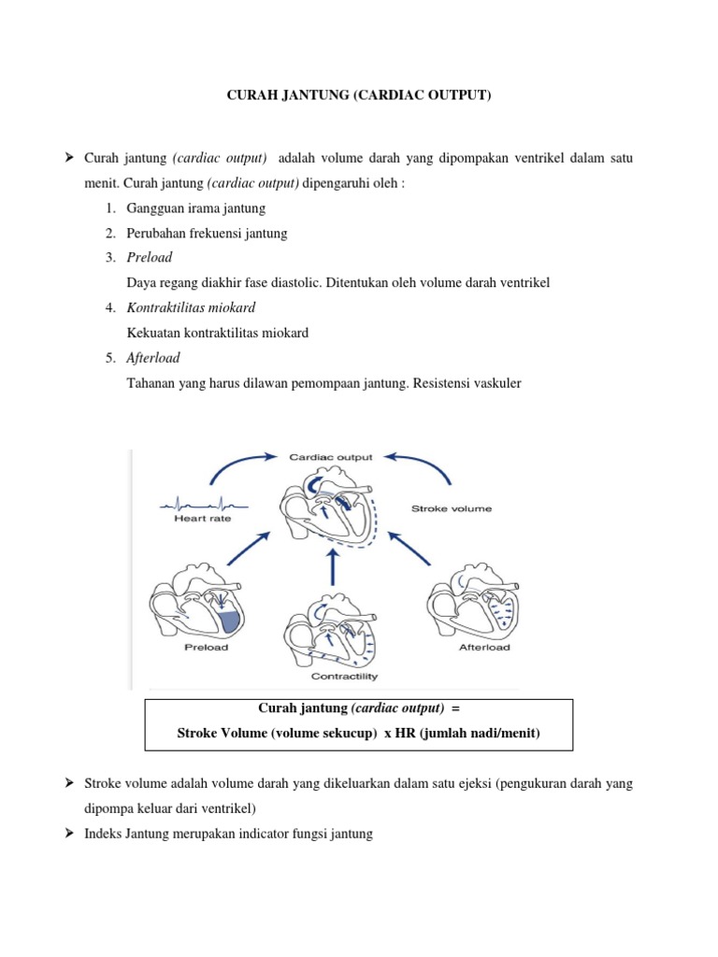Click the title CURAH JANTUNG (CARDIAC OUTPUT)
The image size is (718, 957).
[x=359, y=95]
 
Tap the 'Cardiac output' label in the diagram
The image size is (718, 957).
[x=330, y=457]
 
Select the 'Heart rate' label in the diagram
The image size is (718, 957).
[x=202, y=517]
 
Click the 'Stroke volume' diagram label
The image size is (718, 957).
[x=452, y=508]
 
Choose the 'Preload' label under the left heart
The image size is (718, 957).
[x=206, y=647]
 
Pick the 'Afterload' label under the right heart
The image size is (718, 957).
[x=484, y=647]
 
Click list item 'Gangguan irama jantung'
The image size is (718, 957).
[x=196, y=207]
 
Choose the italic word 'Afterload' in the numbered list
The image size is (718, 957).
[x=153, y=358]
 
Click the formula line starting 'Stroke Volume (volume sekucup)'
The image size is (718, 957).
[x=359, y=734]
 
